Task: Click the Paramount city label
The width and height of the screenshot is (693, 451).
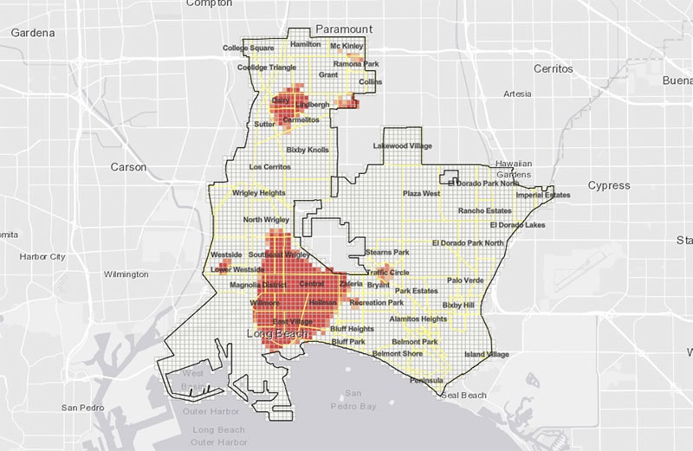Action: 344,28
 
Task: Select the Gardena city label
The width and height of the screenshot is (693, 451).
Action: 32,33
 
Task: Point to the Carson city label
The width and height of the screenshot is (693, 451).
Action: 128,166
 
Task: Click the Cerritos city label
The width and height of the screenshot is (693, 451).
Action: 554,68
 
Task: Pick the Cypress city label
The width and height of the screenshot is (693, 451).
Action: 609,185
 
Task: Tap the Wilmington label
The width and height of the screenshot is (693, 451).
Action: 126,274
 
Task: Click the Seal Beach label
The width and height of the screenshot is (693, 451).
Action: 464,396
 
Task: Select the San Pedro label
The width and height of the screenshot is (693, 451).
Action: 81,407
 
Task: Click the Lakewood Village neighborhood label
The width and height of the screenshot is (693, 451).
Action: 403,146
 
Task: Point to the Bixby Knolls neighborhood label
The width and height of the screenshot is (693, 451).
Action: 308,150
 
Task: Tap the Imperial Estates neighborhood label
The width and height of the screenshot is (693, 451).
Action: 542,195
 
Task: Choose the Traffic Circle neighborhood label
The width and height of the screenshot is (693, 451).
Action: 387,272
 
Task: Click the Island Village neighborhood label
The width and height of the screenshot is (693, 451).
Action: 487,354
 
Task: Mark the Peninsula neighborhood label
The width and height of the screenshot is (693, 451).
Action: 427,380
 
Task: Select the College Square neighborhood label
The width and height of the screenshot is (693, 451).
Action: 249,48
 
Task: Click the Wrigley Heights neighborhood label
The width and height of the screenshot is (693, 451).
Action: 259,193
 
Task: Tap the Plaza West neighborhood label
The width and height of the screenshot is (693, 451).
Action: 422,194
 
